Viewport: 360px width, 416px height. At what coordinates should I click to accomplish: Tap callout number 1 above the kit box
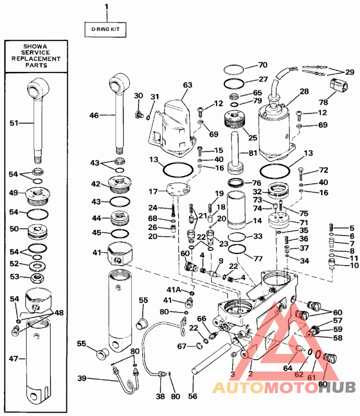(107, 6)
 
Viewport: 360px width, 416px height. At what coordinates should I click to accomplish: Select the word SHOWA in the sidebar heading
(36, 47)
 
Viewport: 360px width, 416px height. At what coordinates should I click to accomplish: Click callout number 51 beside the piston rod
(14, 122)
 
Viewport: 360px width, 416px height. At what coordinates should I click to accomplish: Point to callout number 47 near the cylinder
(14, 359)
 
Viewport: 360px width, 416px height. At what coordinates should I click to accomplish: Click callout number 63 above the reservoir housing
(187, 85)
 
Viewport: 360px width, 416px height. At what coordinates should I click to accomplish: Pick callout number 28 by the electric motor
(304, 91)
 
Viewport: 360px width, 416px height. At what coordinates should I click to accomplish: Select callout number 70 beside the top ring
(263, 65)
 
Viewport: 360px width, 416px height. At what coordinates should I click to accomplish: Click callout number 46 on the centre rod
(94, 116)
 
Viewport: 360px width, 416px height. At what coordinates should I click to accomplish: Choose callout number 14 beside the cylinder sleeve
(257, 221)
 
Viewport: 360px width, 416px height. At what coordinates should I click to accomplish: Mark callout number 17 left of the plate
(153, 191)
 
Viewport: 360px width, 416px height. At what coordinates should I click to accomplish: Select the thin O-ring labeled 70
(234, 69)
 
